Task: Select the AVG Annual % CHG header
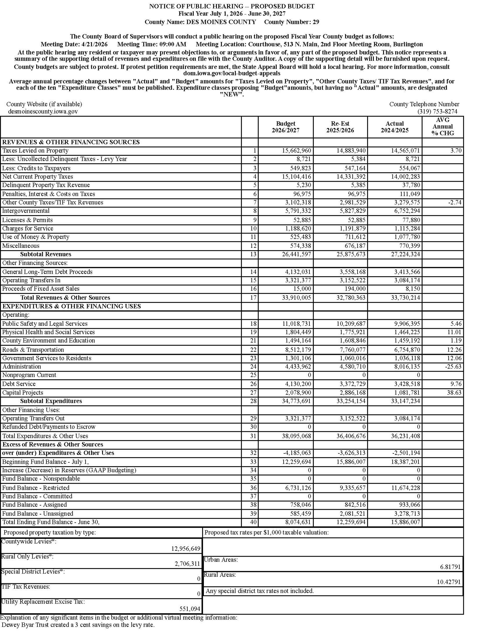(x=442, y=127)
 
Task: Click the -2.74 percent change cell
(x=455, y=202)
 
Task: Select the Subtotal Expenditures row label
(x=51, y=401)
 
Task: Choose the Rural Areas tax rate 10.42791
(x=449, y=582)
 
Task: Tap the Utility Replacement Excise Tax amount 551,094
(x=190, y=609)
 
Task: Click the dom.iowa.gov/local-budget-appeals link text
(x=232, y=73)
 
